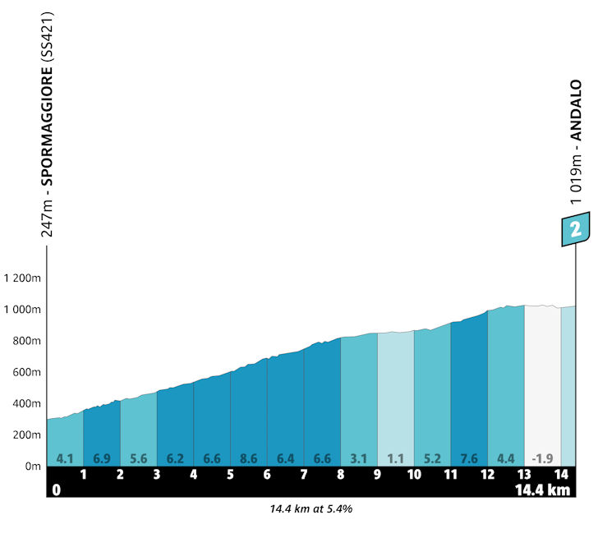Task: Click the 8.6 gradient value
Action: point(248,458)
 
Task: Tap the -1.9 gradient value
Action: point(541,458)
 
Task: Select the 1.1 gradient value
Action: point(395,458)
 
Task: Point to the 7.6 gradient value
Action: point(468,458)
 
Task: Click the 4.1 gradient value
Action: point(65,458)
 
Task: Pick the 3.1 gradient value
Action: point(358,458)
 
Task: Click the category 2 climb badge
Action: point(575,229)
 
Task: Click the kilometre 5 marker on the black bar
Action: point(230,475)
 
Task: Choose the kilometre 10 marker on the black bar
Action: point(413,475)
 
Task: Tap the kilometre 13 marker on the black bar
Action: point(523,475)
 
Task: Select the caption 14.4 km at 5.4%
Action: point(311,509)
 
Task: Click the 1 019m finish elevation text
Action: point(577,173)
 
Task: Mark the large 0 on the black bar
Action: point(56,490)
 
